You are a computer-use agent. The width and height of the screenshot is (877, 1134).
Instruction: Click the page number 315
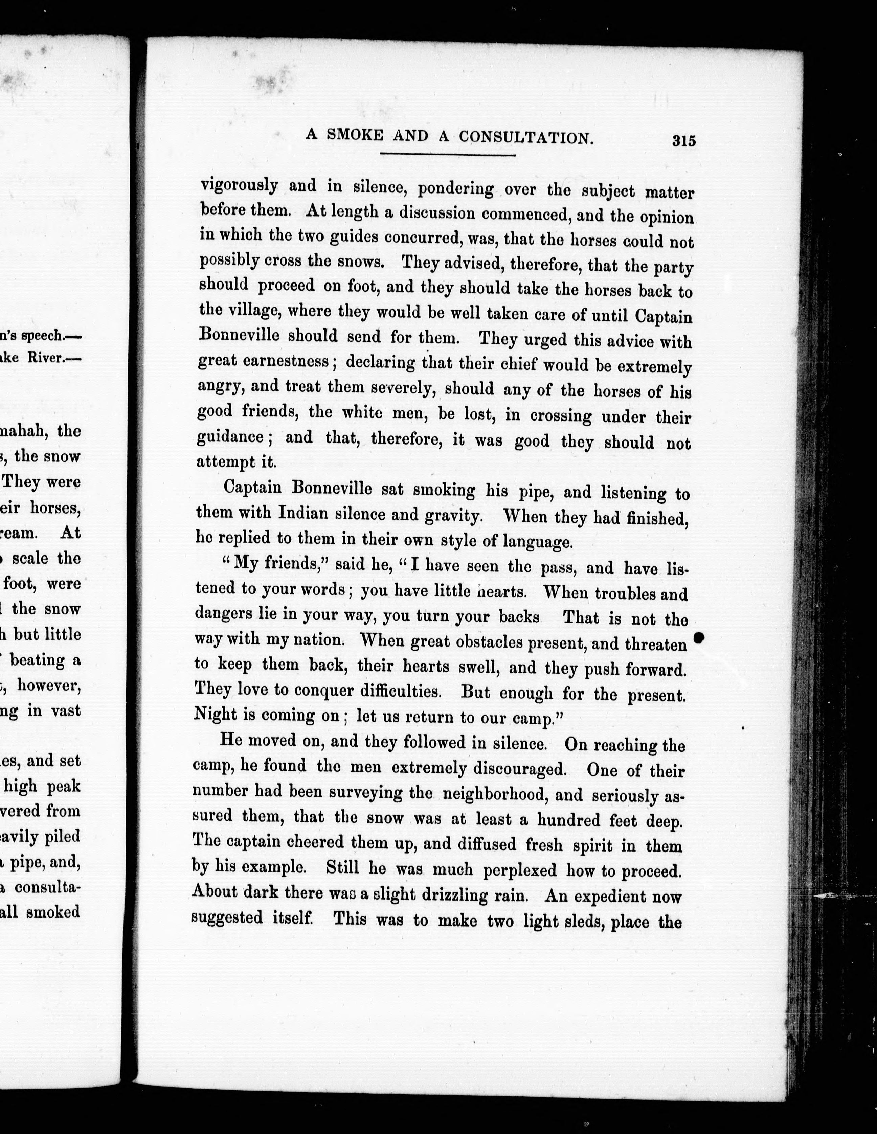(x=683, y=141)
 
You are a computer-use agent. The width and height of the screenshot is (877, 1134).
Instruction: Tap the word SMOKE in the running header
(x=354, y=136)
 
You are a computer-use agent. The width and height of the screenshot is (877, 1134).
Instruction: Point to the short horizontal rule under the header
(x=448, y=154)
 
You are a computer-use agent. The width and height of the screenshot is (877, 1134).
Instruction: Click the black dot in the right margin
(x=699, y=638)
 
